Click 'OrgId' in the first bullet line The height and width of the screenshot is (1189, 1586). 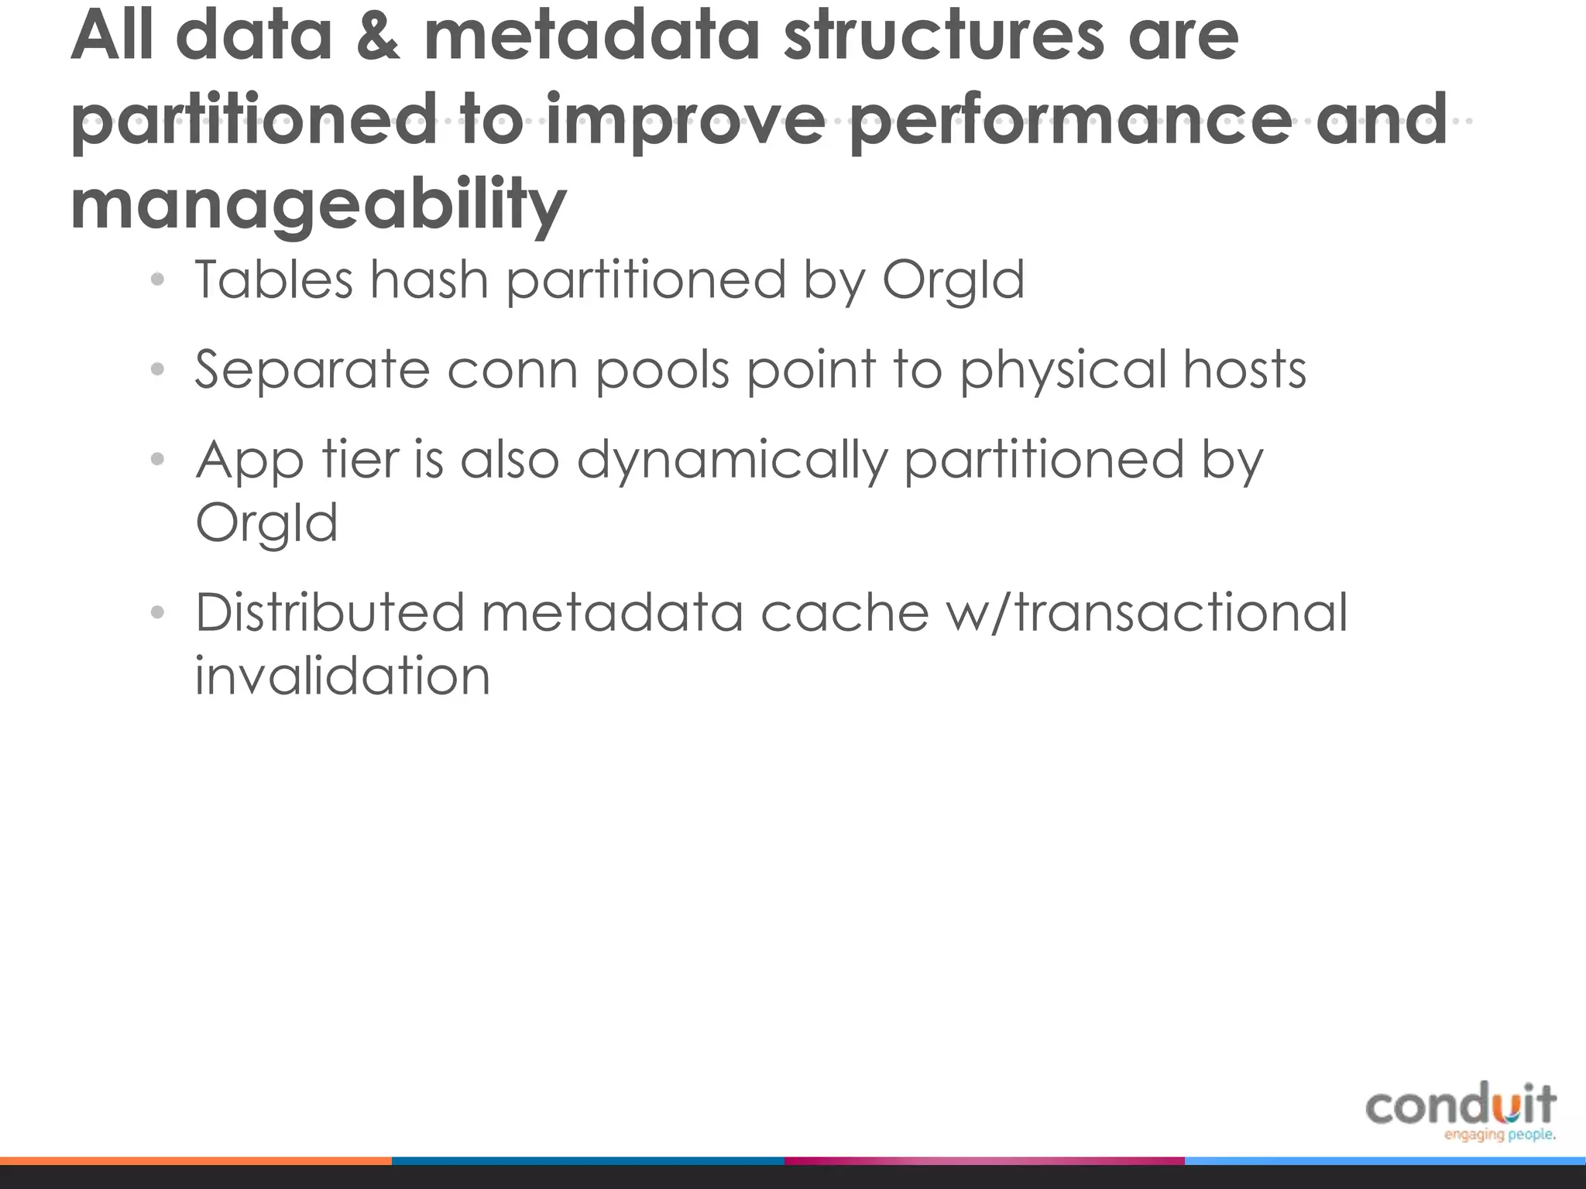(x=953, y=280)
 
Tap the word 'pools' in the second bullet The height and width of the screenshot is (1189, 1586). (x=662, y=370)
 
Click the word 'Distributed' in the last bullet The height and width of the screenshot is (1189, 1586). (x=329, y=612)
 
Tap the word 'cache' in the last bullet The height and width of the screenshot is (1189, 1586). (x=844, y=612)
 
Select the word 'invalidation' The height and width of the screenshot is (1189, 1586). (x=342, y=676)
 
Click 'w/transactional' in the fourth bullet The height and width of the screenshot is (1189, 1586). (x=1147, y=612)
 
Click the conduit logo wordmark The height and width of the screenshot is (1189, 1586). (x=1461, y=1105)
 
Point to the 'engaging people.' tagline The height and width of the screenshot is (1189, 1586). (x=1499, y=1135)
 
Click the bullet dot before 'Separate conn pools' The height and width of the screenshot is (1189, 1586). (x=158, y=369)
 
